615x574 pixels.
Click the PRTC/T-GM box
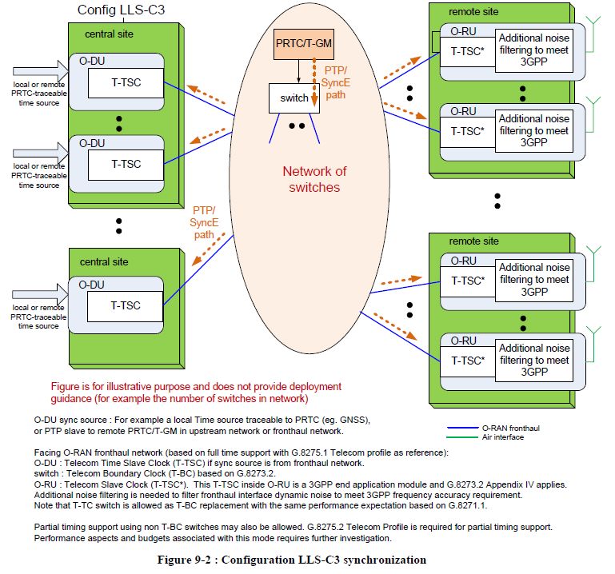click(x=304, y=44)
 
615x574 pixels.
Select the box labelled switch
click(x=294, y=98)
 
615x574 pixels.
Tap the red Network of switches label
click(x=314, y=179)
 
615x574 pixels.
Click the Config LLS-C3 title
click(x=122, y=10)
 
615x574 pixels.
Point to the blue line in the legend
click(x=462, y=428)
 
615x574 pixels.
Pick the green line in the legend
click(x=462, y=437)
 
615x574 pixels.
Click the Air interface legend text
click(x=503, y=437)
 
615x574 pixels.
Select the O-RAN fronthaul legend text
click(x=511, y=429)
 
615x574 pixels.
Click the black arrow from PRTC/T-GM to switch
click(x=298, y=71)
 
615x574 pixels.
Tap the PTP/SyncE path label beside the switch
click(x=335, y=82)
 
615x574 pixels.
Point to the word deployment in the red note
click(x=315, y=387)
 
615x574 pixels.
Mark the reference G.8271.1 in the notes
click(x=468, y=506)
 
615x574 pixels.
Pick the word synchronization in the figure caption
click(x=385, y=560)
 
